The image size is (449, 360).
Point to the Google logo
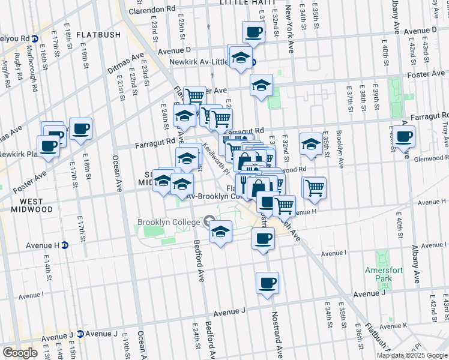tap(20, 353)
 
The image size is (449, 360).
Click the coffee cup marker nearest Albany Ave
tap(404, 136)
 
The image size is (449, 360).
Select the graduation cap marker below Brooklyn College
tap(220, 231)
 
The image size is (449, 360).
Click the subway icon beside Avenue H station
tap(65, 245)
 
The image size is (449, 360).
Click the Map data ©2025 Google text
tap(412, 355)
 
